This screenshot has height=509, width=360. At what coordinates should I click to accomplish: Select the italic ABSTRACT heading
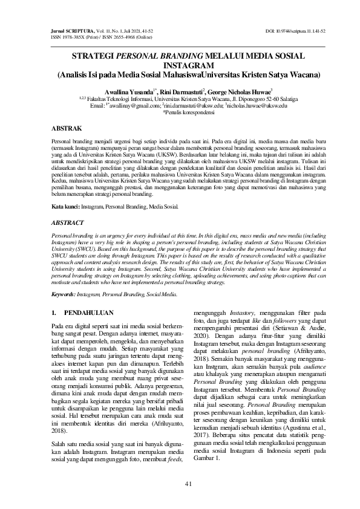pos(67,223)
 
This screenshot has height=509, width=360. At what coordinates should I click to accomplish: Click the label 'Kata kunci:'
pos(66,206)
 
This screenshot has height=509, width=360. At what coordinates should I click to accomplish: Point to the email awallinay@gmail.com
pos(124,105)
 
